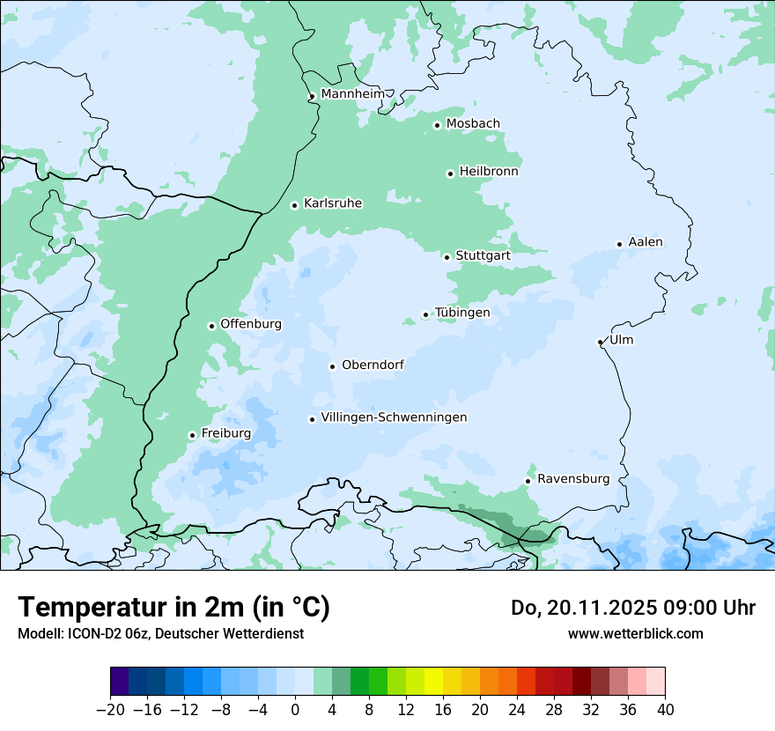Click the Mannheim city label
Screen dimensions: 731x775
click(352, 93)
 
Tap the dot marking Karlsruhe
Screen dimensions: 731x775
click(295, 205)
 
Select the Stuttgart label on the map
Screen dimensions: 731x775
click(483, 255)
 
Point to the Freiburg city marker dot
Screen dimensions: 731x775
click(192, 435)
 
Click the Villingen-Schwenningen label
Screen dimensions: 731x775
click(394, 417)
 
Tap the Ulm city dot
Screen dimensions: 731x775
click(600, 342)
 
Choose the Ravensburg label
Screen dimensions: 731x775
click(573, 479)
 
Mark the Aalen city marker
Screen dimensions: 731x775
click(619, 244)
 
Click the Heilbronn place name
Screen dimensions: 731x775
click(489, 172)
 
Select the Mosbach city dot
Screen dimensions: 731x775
click(437, 125)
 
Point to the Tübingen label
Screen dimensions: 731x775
click(462, 313)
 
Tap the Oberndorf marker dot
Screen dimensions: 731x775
click(332, 366)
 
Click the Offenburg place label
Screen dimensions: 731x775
click(251, 324)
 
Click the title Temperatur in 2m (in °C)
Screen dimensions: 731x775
click(173, 608)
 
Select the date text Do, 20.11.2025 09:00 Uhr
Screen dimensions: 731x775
click(632, 608)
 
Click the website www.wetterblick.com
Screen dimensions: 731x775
click(635, 633)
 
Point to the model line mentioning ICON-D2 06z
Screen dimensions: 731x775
click(160, 633)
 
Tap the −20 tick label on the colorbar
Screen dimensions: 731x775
click(110, 710)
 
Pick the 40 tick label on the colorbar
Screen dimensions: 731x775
click(665, 710)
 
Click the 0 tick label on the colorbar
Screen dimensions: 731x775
click(295, 710)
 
